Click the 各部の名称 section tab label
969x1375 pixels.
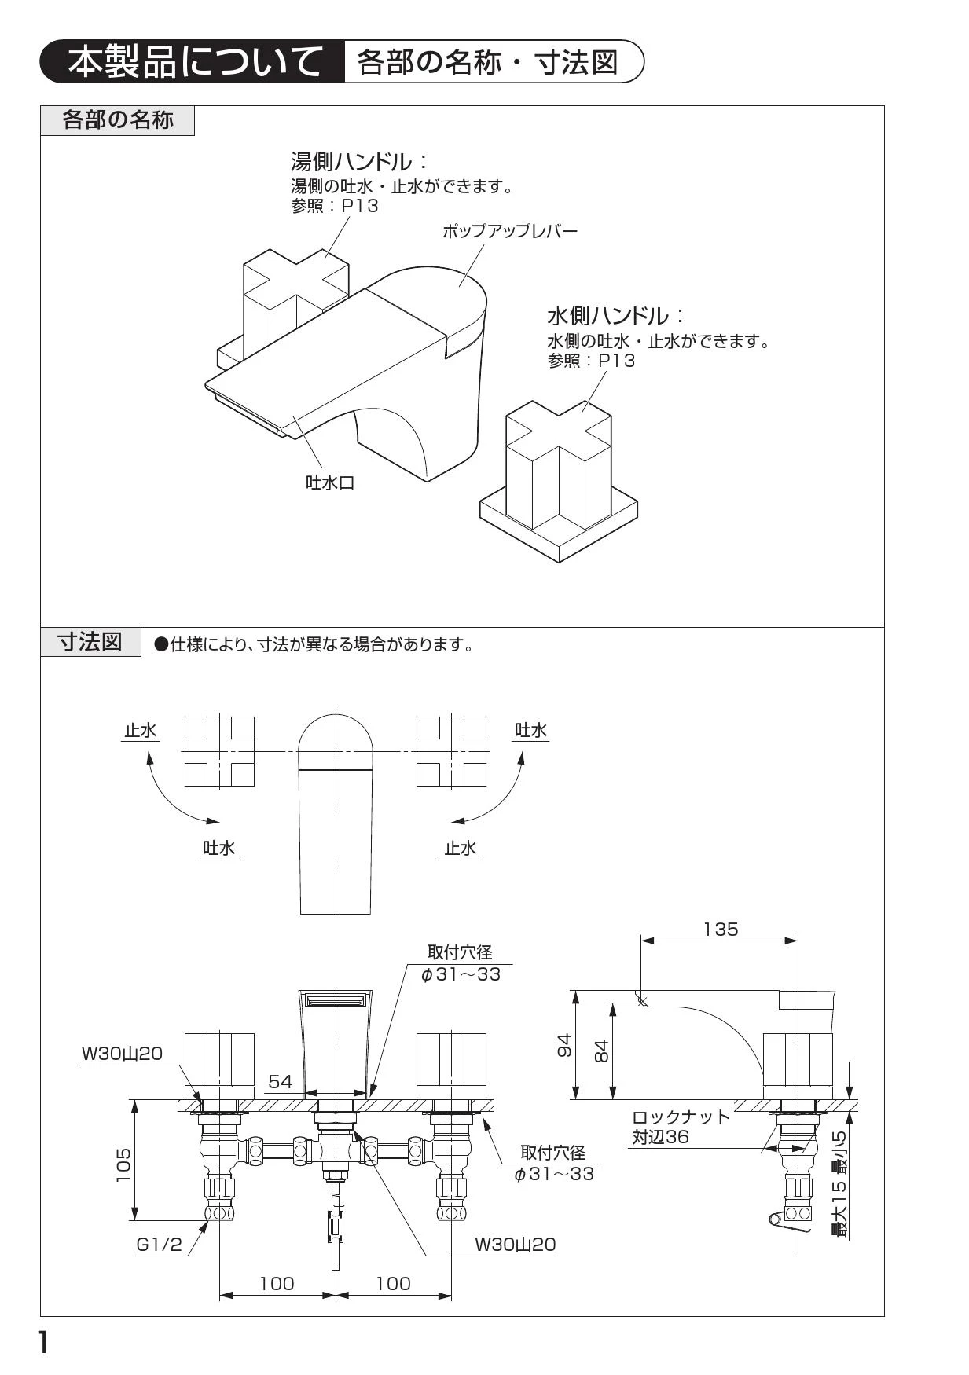(117, 120)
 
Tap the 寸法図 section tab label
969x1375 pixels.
(90, 642)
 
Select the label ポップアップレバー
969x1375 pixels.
(509, 231)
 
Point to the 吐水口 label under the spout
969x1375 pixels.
(330, 482)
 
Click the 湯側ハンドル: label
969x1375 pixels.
(358, 163)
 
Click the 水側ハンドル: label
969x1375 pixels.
(615, 317)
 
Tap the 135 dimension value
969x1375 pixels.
(721, 929)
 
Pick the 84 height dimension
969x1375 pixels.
(601, 1050)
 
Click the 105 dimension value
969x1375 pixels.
(124, 1164)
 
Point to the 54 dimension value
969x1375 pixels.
(281, 1082)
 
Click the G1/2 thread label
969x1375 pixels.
(159, 1245)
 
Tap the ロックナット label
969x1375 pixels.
(681, 1117)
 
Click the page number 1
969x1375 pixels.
(44, 1343)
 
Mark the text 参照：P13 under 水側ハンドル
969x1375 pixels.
(591, 361)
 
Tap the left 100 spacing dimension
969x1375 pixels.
(277, 1283)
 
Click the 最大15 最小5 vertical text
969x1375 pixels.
(841, 1184)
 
